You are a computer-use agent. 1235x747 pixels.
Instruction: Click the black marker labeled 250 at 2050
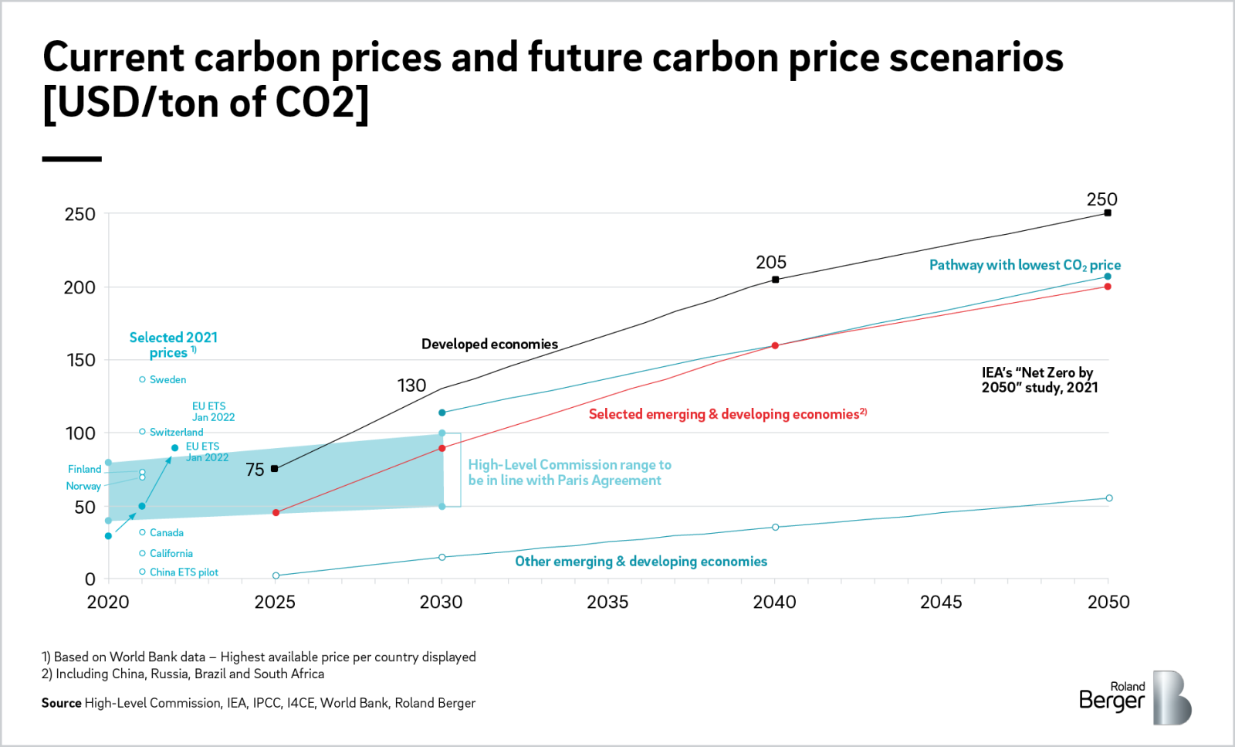[x=1108, y=212]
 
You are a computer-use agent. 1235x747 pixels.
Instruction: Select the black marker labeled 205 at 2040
[x=775, y=280]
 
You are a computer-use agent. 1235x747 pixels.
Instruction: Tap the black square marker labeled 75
[x=275, y=469]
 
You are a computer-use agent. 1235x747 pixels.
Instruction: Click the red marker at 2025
[x=276, y=513]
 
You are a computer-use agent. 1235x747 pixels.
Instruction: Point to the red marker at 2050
[x=1108, y=287]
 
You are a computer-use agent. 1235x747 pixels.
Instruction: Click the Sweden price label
[x=167, y=379]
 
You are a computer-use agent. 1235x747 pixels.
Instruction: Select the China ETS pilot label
[x=184, y=572]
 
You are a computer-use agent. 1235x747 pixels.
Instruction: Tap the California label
[x=171, y=553]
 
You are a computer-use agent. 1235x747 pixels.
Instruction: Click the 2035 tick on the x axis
[x=607, y=602]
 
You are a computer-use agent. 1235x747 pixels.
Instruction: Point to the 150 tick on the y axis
[x=80, y=360]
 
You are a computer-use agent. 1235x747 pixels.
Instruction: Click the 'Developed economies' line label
[x=489, y=344]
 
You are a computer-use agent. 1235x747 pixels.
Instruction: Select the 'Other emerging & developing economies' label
[x=641, y=562]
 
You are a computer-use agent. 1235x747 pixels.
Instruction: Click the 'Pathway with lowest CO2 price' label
[x=1024, y=265]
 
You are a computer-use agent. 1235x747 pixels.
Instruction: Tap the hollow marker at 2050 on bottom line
[x=1109, y=498]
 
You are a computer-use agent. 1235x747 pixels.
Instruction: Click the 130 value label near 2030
[x=411, y=385]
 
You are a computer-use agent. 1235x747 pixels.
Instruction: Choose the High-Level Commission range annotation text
[x=569, y=472]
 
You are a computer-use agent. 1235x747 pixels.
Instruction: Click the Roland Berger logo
[x=1134, y=697]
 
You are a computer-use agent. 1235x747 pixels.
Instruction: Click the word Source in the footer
[x=61, y=703]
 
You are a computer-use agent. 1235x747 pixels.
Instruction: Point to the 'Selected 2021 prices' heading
[x=173, y=345]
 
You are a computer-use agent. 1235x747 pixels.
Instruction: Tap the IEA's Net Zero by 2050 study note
[x=1039, y=380]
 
